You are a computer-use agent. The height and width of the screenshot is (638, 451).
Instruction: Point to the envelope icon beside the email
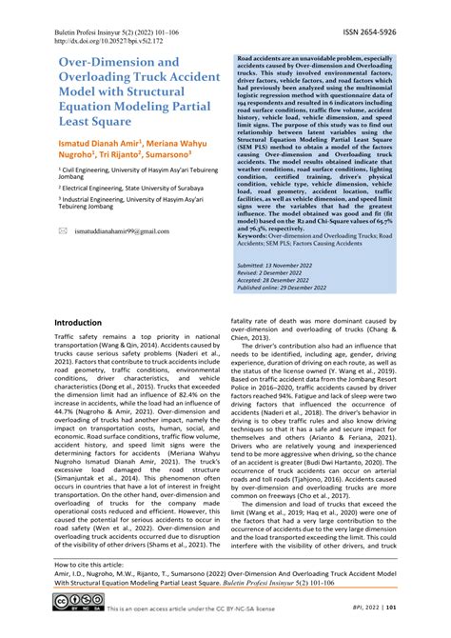click(x=63, y=231)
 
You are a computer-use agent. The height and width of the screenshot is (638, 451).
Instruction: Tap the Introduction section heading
click(x=85, y=323)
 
